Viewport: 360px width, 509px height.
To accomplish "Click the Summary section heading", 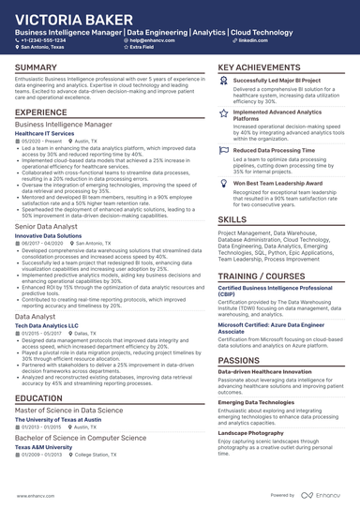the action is (x=37, y=68).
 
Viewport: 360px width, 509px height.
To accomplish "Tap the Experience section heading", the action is (x=41, y=112).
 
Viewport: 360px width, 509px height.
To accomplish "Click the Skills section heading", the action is (x=232, y=218).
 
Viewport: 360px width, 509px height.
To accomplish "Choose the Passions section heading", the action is (x=240, y=334).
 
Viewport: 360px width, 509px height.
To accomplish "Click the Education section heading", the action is (x=39, y=398).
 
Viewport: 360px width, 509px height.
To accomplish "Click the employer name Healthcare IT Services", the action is (x=45, y=134).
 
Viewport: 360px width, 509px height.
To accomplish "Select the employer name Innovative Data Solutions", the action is (x=50, y=235).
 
